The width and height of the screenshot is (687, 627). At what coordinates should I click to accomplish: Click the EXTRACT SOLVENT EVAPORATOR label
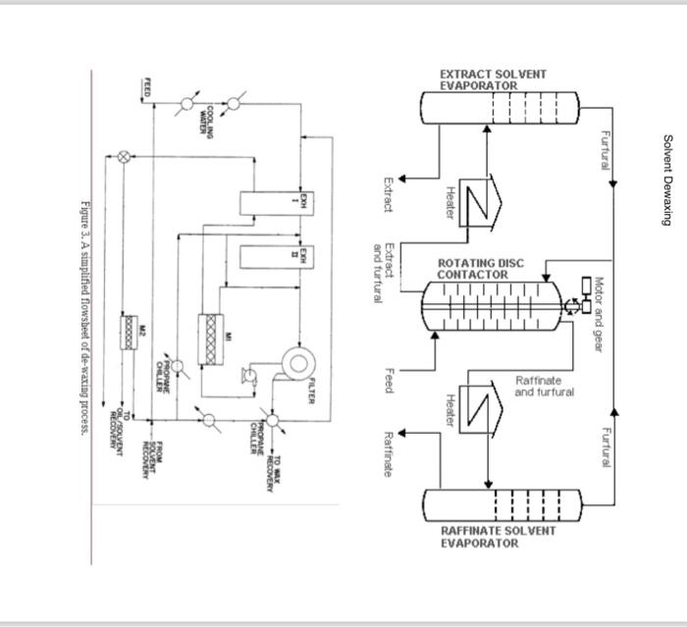tap(492, 79)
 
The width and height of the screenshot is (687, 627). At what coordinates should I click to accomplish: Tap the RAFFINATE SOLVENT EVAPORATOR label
tap(497, 537)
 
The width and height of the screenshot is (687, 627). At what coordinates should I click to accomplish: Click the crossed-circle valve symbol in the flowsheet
tap(124, 155)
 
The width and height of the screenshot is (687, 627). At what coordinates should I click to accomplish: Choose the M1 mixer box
tap(208, 339)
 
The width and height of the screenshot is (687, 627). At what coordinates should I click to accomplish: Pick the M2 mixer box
tap(127, 331)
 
